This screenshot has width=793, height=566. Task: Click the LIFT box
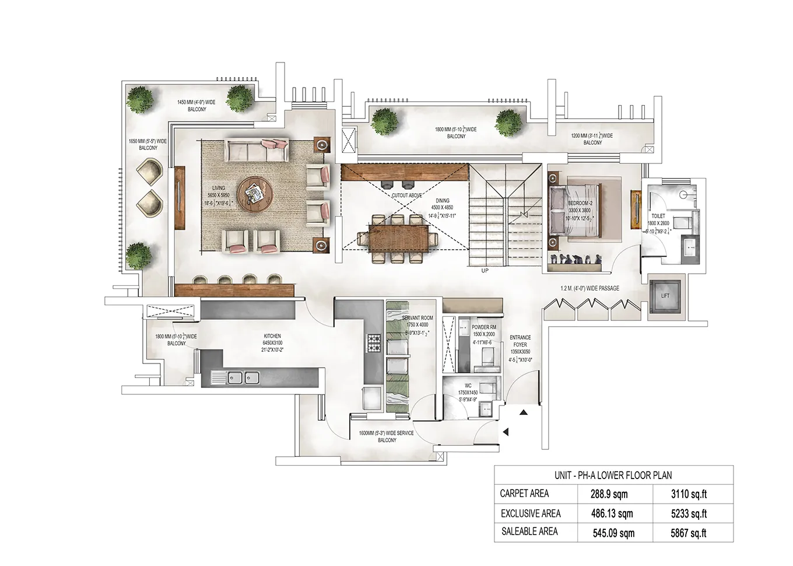665,296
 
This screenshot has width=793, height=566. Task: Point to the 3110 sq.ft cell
689,494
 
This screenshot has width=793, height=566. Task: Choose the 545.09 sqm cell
613,533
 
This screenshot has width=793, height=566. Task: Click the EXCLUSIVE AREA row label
531,513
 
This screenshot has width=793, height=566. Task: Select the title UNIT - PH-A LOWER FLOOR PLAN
613,475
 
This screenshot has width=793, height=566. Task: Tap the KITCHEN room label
272,337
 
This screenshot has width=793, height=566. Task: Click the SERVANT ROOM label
417,319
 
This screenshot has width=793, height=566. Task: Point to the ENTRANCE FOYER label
520,341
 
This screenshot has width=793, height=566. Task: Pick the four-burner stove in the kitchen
373,343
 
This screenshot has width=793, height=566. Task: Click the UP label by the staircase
485,271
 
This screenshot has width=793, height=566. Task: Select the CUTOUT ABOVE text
407,195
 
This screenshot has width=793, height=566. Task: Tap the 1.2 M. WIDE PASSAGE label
590,288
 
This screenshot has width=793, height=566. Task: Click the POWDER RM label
484,327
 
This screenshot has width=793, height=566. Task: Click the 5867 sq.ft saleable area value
689,533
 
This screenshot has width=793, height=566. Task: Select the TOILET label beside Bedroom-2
658,216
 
